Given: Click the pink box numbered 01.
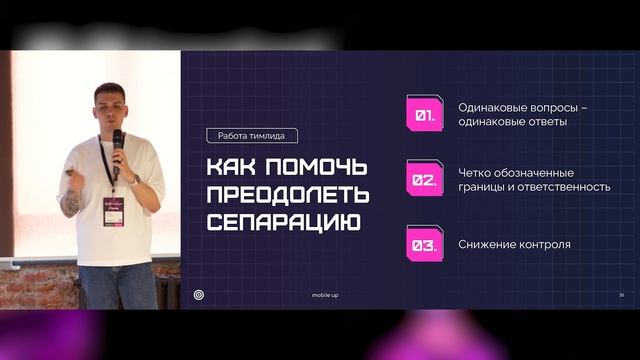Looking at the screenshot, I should tap(424, 115).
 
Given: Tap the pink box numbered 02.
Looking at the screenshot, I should tap(424, 180).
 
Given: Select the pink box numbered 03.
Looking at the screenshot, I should tap(424, 244).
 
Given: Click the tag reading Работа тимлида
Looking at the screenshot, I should tap(252, 136).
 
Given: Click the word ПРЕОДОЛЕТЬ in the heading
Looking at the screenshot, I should tap(287, 192).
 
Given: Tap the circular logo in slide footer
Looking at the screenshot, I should tap(199, 295).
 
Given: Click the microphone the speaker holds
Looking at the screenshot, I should tap(117, 143).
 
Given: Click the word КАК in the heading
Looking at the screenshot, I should tap(228, 165).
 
